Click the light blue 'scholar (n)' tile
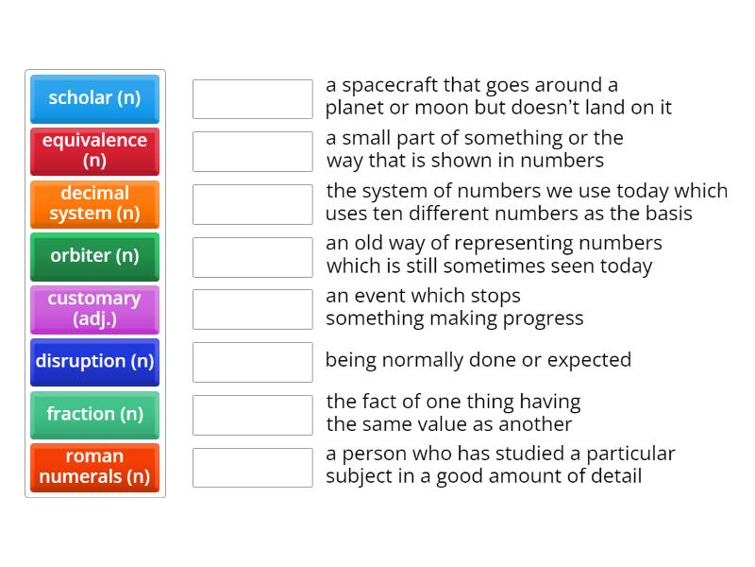click(94, 98)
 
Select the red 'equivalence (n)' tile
click(94, 151)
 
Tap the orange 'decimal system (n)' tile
click(94, 204)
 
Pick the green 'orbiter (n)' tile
click(94, 256)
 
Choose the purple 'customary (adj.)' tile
click(94, 309)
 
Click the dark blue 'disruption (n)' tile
click(94, 362)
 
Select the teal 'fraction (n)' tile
click(94, 415)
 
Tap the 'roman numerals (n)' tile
click(94, 467)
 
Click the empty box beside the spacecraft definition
click(252, 98)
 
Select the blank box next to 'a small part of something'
click(252, 151)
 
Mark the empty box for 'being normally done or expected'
click(252, 362)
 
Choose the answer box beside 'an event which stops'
click(252, 309)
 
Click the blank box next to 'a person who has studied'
click(252, 467)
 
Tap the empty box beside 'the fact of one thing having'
click(252, 415)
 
